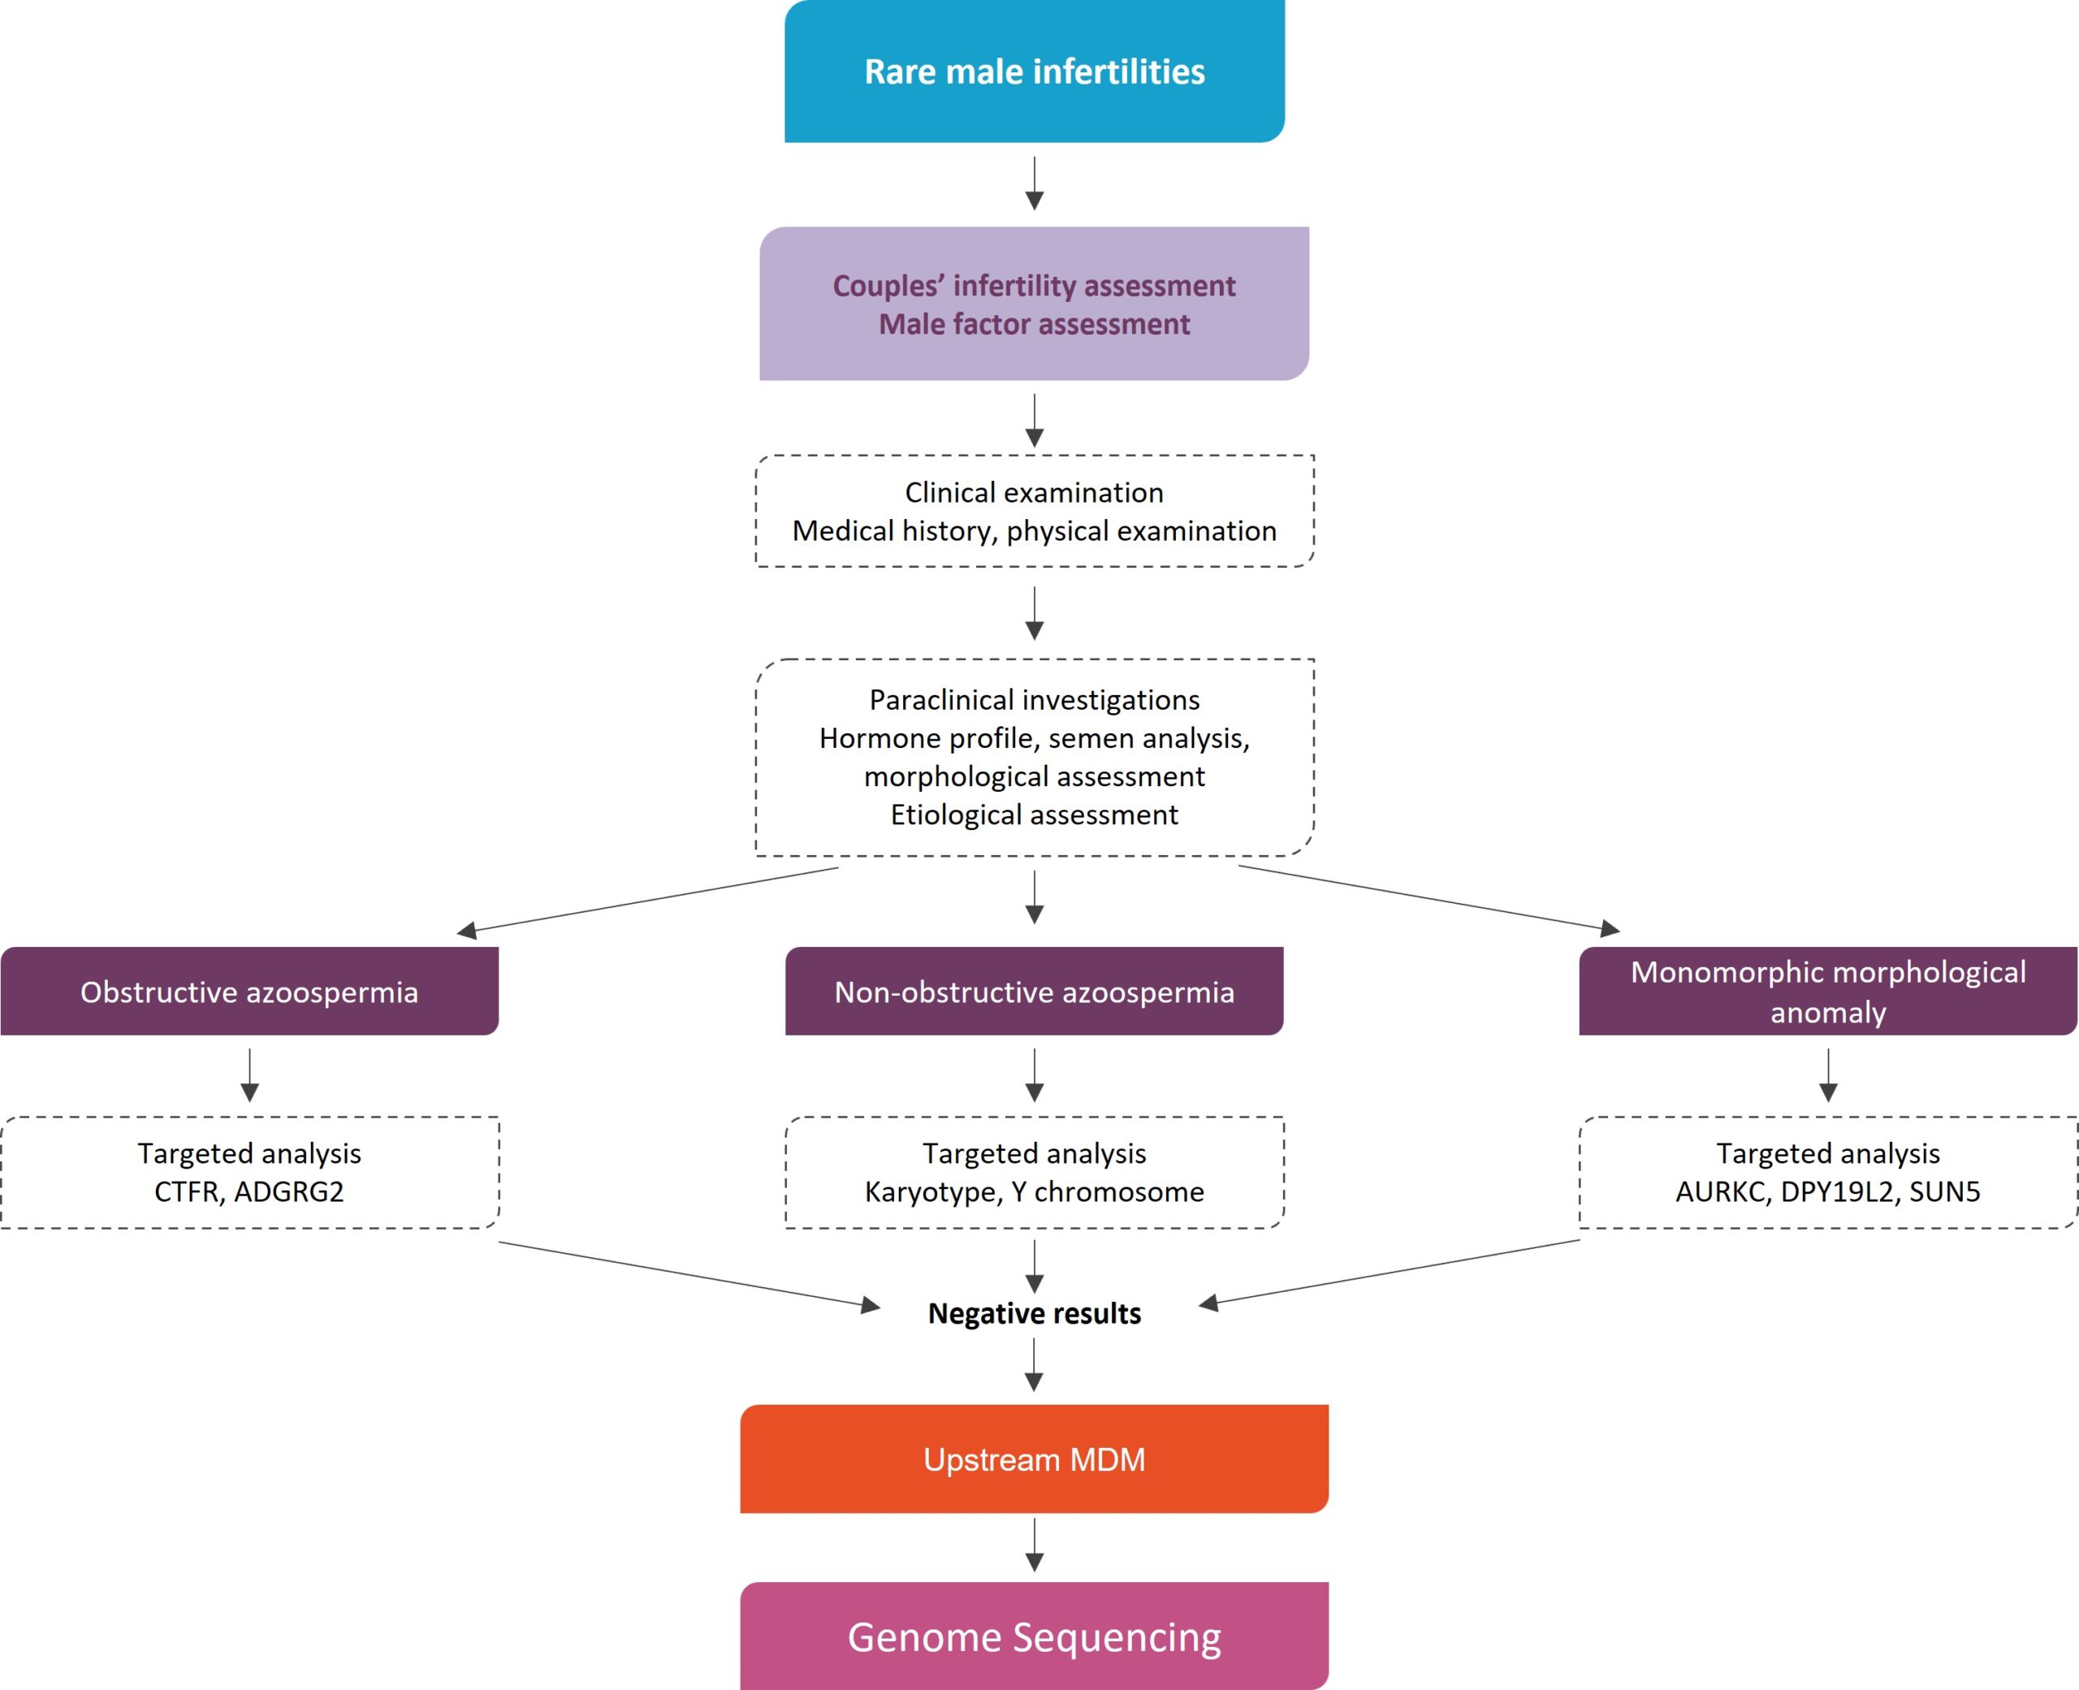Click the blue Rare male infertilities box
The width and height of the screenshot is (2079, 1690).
pos(1035,71)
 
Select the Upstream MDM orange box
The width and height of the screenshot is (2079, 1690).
pos(1035,1459)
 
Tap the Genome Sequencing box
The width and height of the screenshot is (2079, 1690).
pos(1035,1636)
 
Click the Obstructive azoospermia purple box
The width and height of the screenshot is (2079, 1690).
pos(249,991)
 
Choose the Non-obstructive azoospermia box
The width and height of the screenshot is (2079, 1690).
pos(1035,991)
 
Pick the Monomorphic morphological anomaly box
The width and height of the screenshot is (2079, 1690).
pos(1828,991)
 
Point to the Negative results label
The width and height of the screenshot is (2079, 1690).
pos(1035,1313)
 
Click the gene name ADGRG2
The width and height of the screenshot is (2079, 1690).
pos(289,1191)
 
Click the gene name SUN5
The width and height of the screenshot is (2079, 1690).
pos(1945,1191)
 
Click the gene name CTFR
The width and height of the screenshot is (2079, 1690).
pos(187,1191)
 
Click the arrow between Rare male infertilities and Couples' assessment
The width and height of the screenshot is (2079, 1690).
pos(1035,183)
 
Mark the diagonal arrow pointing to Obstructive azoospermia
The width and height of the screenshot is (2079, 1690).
pos(647,901)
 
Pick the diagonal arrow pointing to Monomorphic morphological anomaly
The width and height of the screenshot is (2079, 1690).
pos(1429,900)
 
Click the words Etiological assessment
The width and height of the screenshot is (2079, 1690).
pos(1035,814)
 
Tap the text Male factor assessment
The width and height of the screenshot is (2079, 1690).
pos(1035,324)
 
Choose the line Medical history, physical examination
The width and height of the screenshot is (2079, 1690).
pos(1035,530)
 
